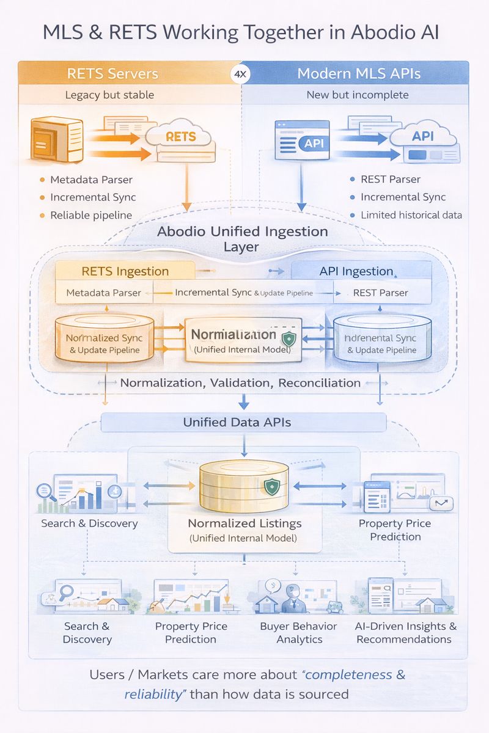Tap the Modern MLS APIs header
[x=359, y=74]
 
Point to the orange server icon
[x=56, y=140]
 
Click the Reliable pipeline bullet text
[x=90, y=215]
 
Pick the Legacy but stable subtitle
[x=109, y=95]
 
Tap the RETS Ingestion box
[x=125, y=271]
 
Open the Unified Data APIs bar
[x=243, y=422]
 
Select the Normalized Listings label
[x=244, y=523]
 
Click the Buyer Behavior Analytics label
[x=299, y=633]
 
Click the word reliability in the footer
[x=153, y=694]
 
